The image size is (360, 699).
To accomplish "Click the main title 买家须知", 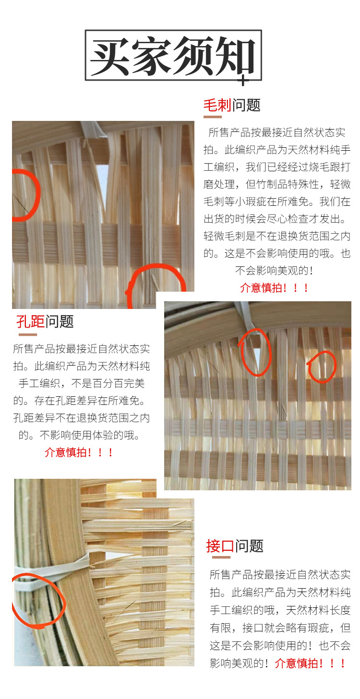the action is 173,56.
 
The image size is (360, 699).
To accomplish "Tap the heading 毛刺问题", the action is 232,105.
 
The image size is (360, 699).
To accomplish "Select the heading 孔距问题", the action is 45,321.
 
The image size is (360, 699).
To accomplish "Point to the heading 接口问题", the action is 235,546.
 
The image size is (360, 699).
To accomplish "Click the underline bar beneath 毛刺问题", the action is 212,117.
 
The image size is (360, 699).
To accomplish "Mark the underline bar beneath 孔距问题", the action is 27,335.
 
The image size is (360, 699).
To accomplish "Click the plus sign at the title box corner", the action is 243,81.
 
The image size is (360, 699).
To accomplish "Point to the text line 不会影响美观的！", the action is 274,271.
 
